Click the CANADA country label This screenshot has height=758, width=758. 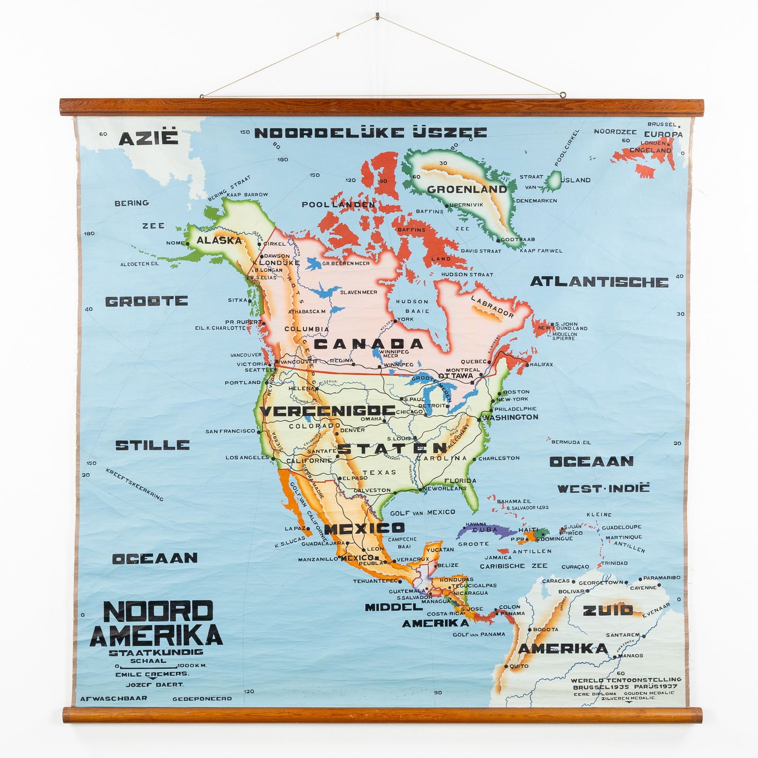point(368,343)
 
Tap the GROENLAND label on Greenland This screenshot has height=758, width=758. point(467,189)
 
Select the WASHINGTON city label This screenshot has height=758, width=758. point(511,417)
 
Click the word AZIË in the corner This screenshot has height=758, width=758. point(148,139)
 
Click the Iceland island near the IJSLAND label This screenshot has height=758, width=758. point(553,180)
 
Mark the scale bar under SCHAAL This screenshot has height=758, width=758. point(150,666)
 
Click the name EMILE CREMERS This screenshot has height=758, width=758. point(152,674)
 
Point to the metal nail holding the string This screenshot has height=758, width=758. point(378,17)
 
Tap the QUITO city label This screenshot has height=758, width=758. point(518,666)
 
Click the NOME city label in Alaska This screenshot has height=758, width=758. point(175,243)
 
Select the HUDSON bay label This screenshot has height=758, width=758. point(412,301)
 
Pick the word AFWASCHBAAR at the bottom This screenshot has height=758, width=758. point(113,698)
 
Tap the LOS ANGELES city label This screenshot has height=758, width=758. point(247,458)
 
